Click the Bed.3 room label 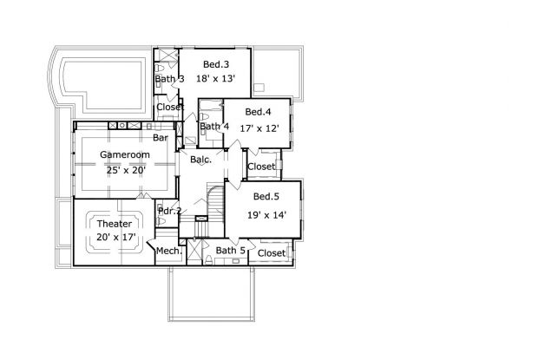(216, 64)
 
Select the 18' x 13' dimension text (216, 79)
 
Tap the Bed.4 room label (259, 112)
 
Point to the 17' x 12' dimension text (259, 127)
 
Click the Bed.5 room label (266, 197)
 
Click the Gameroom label (125, 154)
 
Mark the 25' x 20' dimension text (125, 169)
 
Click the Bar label (161, 137)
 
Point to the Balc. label (200, 159)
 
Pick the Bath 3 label (169, 79)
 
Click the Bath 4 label (213, 127)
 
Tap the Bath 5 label (230, 251)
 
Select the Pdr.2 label (168, 211)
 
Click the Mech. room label (168, 252)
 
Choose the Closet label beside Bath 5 (272, 253)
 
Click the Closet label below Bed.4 (261, 167)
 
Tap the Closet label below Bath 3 (169, 108)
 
